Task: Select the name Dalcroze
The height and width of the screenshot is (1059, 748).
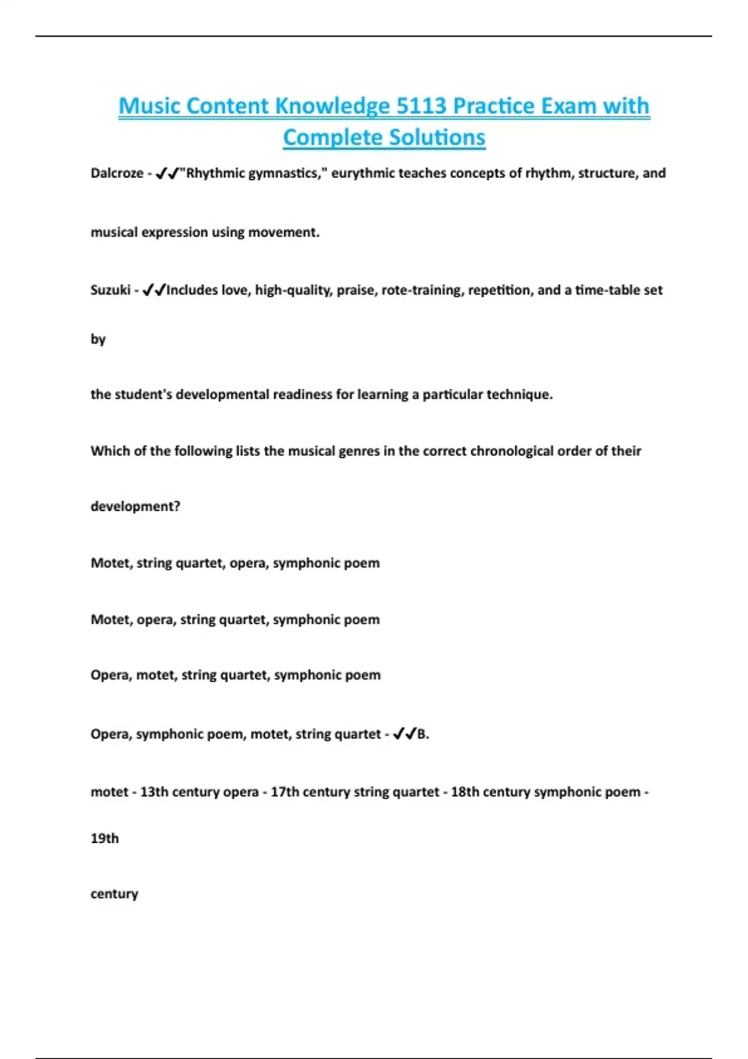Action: tap(117, 173)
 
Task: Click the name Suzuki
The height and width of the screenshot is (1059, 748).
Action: tap(110, 290)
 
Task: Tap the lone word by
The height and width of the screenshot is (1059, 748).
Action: tap(98, 340)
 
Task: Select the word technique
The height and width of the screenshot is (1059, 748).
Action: tap(519, 394)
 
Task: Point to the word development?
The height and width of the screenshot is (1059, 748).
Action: tap(135, 506)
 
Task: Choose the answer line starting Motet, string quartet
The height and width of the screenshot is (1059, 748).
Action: tap(235, 563)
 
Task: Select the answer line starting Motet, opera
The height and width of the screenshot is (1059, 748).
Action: tap(235, 620)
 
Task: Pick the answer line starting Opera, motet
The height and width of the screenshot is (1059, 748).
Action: tap(236, 675)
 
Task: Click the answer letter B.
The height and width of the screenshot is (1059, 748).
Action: tap(422, 734)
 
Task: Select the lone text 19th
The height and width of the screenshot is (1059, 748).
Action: tap(105, 838)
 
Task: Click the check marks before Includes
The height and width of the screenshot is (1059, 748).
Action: tap(153, 290)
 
